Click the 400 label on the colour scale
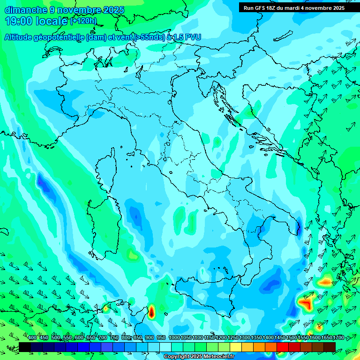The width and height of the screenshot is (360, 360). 32,338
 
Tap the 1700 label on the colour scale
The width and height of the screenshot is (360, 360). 325,338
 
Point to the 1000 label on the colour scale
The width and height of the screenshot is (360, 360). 174,338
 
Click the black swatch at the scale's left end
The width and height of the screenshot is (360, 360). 25,347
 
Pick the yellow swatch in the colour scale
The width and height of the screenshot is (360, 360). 236,347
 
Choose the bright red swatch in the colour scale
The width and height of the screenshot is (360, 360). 283,347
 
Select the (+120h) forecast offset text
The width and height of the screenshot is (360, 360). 83,21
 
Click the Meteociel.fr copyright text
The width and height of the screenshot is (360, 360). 198,357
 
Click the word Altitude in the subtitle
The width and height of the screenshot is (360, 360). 20,37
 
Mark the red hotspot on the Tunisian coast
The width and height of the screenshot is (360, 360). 151,311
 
